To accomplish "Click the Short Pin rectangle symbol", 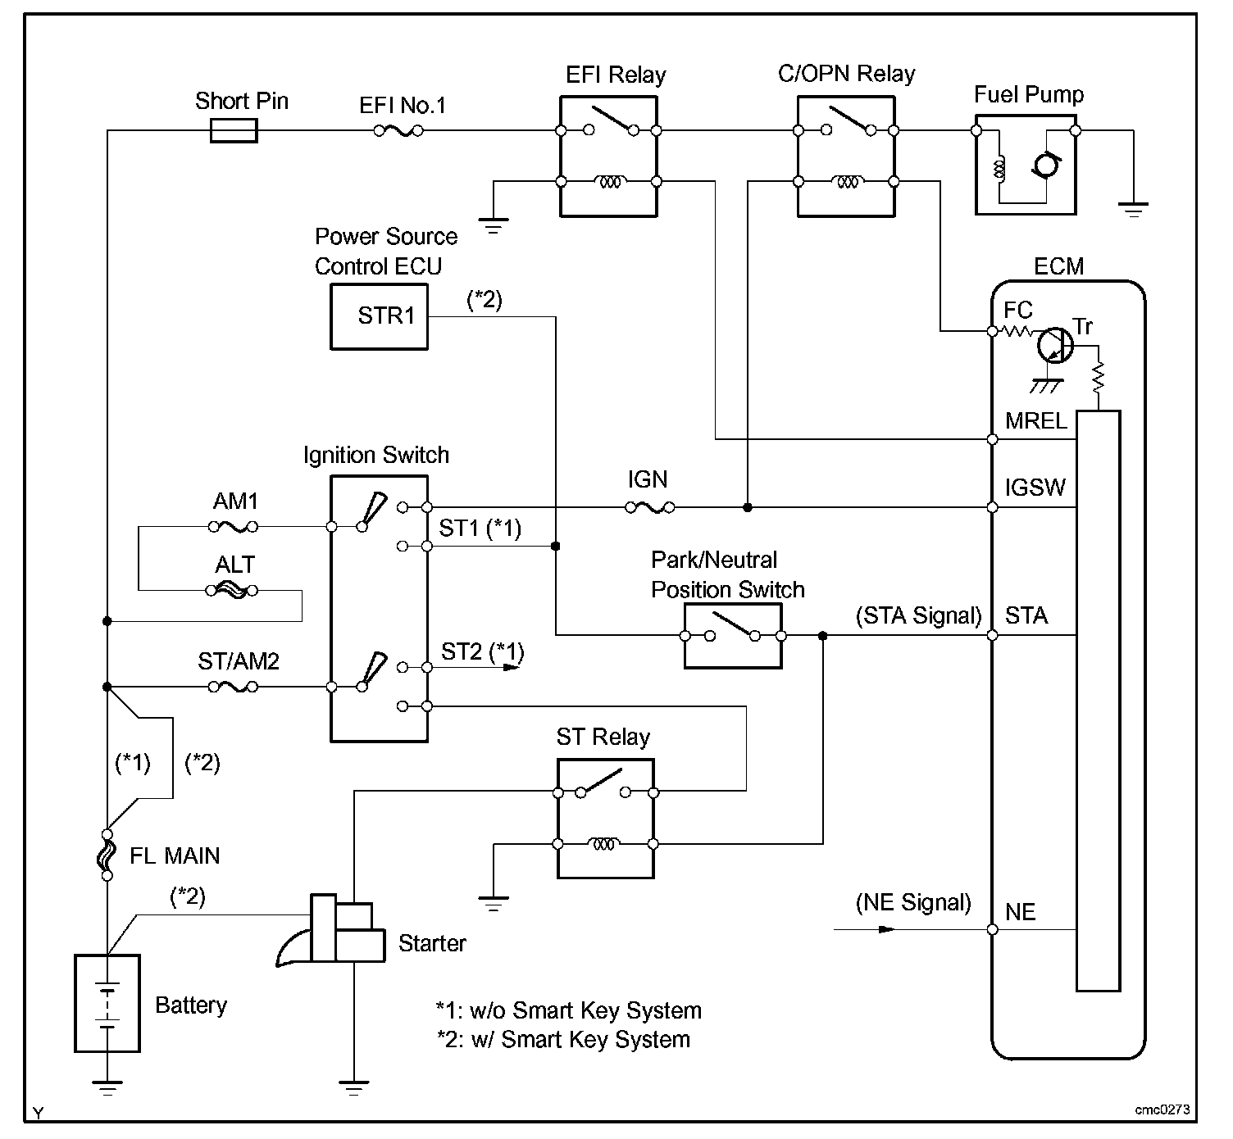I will (x=234, y=130).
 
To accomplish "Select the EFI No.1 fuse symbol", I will (x=398, y=130).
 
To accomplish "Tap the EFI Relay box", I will (x=608, y=157).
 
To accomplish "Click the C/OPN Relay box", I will (x=846, y=157).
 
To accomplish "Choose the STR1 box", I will (x=379, y=316).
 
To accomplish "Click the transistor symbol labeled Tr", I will (x=1053, y=346).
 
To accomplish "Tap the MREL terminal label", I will (x=1036, y=421).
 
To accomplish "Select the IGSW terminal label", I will (x=1035, y=488).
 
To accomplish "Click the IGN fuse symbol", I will (x=650, y=508).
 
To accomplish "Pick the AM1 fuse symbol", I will (x=235, y=526).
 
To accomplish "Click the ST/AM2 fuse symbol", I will (x=235, y=687).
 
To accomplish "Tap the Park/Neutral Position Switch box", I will (x=732, y=636).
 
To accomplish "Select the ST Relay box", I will (x=606, y=819).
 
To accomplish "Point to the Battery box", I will (x=107, y=1003).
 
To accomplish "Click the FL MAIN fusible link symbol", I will (x=107, y=855).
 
